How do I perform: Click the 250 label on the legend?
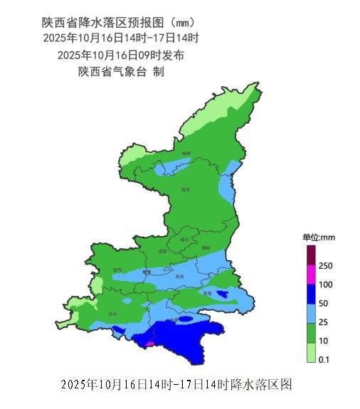tap(327, 265)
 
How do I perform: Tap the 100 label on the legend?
tap(327, 285)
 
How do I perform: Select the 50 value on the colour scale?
tap(324, 303)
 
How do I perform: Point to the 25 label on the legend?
tap(324, 322)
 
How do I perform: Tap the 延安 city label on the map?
tap(186, 189)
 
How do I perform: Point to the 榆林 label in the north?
tap(186, 153)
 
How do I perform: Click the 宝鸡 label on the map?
tap(117, 270)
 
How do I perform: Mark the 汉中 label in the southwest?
tap(112, 313)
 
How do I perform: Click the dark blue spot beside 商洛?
tap(223, 293)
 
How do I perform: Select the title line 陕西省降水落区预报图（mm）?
tap(118, 22)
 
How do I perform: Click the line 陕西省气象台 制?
tap(122, 71)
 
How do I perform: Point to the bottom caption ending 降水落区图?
tap(176, 385)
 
